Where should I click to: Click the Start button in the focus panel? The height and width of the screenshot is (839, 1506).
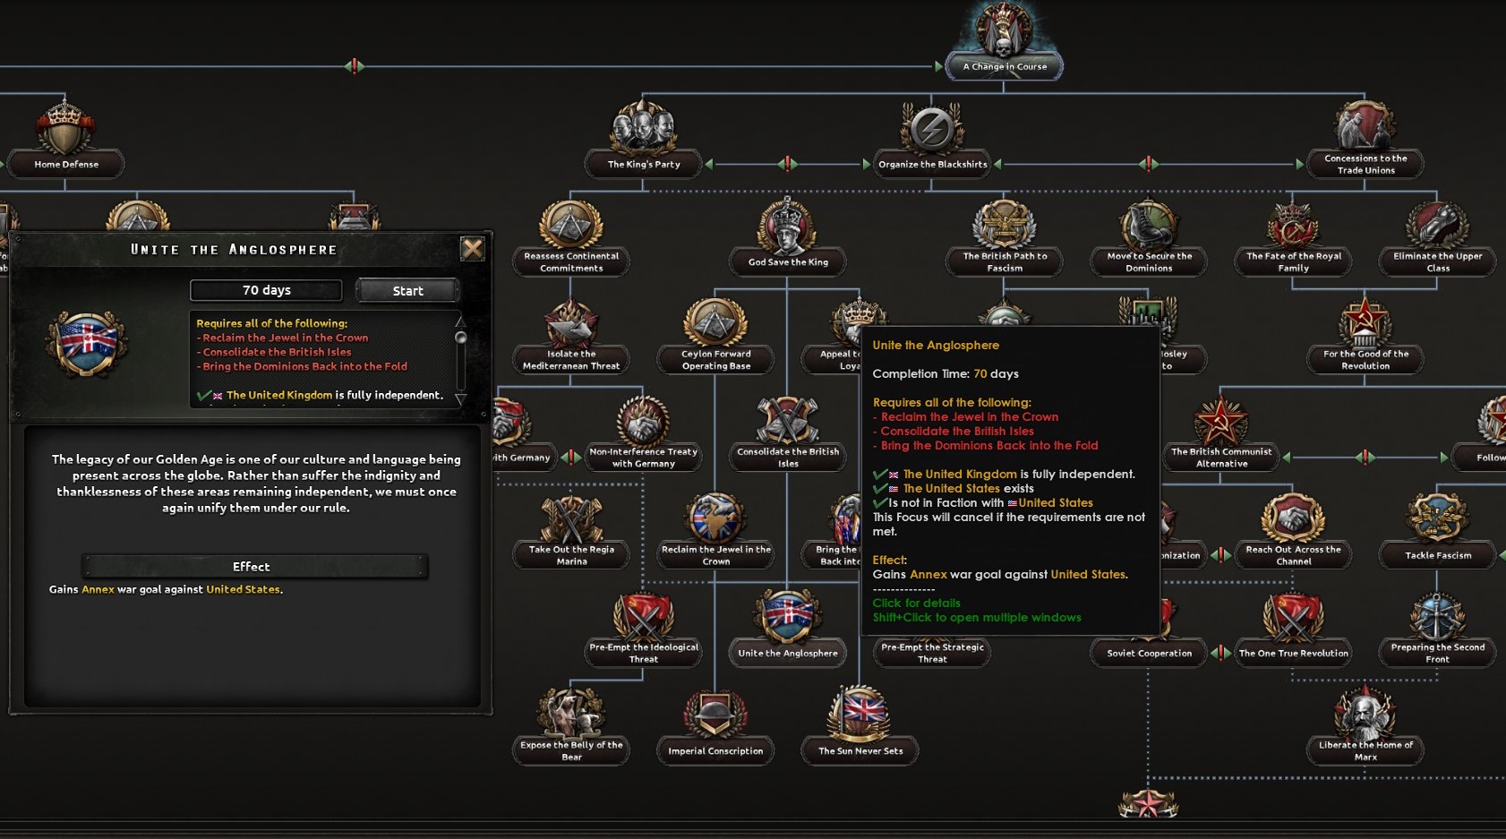click(407, 291)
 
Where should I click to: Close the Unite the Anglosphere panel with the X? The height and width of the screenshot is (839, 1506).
click(472, 249)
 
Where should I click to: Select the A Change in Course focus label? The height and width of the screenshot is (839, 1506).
click(1004, 66)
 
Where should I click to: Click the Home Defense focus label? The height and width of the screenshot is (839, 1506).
click(66, 164)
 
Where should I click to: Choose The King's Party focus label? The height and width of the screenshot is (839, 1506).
click(644, 164)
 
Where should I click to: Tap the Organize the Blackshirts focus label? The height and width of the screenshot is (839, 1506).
click(932, 164)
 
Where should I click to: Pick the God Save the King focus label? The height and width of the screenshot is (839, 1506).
click(788, 261)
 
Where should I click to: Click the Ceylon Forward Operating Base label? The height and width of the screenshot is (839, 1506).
click(715, 360)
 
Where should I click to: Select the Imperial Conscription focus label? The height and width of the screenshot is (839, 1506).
click(715, 751)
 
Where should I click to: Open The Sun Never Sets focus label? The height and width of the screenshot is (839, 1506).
click(860, 751)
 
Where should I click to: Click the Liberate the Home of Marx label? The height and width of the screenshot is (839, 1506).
click(1365, 750)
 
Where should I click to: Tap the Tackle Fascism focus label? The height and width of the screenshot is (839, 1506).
click(1437, 555)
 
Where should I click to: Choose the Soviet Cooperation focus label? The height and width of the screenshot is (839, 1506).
click(1149, 653)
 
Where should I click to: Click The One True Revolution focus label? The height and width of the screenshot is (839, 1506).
click(1293, 653)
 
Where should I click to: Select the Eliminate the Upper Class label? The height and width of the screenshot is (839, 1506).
click(1437, 261)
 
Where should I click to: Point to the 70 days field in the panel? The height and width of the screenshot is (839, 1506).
click(266, 290)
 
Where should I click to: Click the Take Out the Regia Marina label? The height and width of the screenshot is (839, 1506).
click(571, 555)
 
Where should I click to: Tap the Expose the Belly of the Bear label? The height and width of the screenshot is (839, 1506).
click(571, 750)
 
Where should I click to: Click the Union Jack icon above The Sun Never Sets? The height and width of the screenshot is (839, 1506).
click(860, 713)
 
